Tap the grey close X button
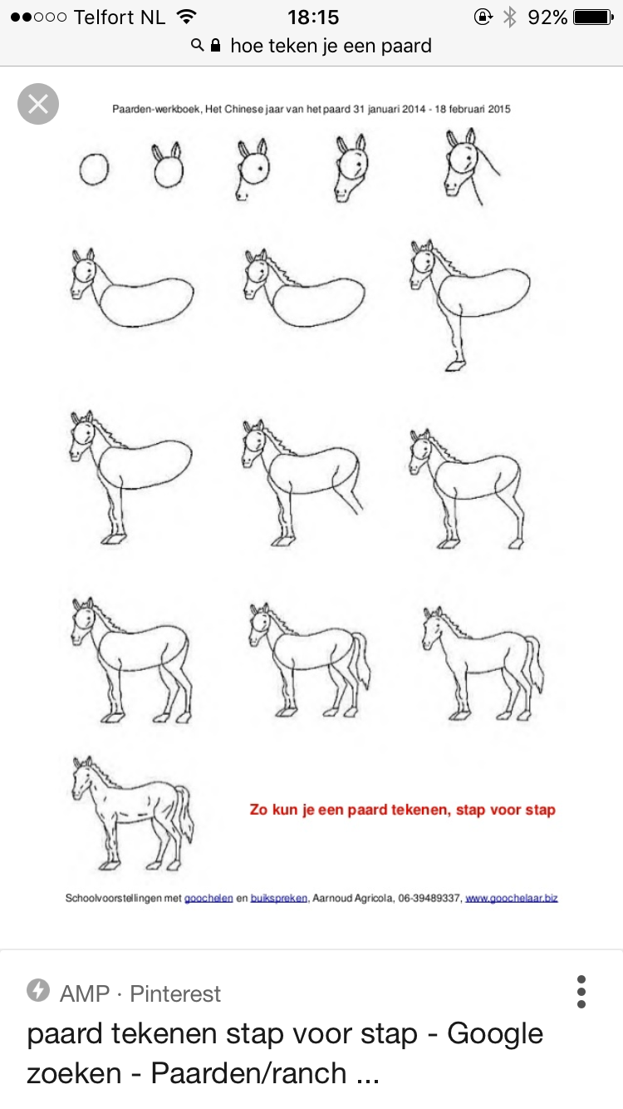38,104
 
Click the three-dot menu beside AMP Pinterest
581,992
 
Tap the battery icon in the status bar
593,17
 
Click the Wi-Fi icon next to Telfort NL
187,17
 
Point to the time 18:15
313,17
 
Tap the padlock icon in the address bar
215,46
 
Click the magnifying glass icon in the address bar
197,45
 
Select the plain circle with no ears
94,170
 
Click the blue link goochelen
208,898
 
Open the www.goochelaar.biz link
512,898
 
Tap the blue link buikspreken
278,898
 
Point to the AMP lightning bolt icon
38,990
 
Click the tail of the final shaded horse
184,812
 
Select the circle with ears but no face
169,165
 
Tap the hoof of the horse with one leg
456,367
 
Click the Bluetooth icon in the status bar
509,17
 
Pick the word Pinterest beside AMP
175,993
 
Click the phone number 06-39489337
429,898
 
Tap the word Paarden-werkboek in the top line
156,109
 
